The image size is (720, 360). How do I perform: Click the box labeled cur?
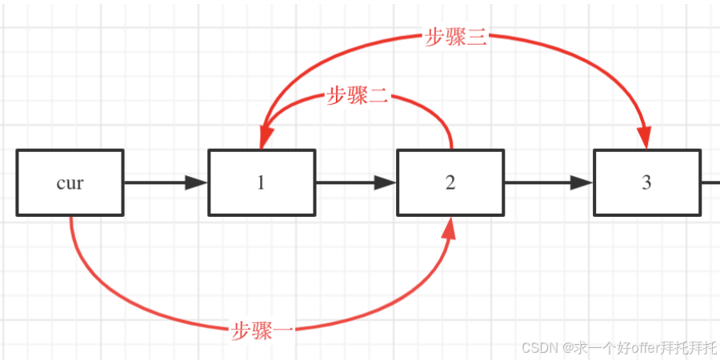(x=70, y=182)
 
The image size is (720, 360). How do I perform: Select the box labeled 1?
(x=261, y=182)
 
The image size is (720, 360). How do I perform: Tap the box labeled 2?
(x=450, y=182)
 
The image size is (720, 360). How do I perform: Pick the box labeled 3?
(x=646, y=182)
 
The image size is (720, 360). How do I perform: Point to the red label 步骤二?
(x=358, y=97)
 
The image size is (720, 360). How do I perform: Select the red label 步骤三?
(x=455, y=38)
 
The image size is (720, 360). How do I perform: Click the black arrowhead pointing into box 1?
(x=197, y=182)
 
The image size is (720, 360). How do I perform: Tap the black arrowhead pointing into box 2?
(x=386, y=182)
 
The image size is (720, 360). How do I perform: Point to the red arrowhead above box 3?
(x=646, y=138)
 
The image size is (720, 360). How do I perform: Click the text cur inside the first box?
(x=70, y=182)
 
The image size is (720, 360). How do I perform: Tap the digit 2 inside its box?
(x=450, y=182)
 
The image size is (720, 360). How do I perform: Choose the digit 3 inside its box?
(x=646, y=182)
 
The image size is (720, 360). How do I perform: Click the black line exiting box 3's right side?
(x=710, y=182)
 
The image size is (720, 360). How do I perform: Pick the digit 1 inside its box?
(x=261, y=182)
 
